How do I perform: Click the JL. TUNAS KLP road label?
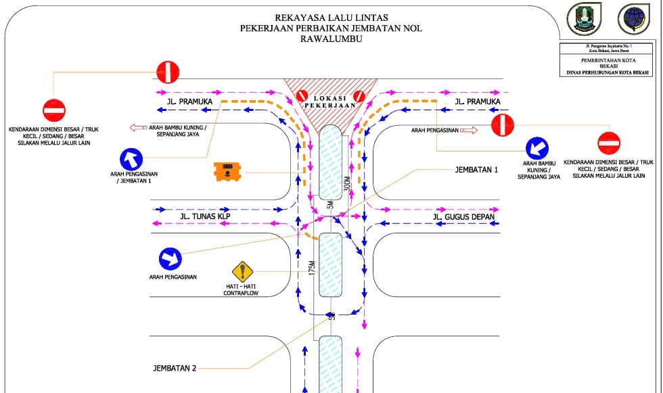[x=205, y=216]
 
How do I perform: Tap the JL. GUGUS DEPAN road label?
[x=463, y=217]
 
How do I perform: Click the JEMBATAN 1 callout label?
[x=476, y=170]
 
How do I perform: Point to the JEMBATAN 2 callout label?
[x=175, y=369]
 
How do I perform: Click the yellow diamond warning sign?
[x=242, y=272]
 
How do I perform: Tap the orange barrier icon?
[x=227, y=172]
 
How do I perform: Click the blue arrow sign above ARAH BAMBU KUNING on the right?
[x=538, y=148]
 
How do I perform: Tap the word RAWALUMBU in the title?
[x=331, y=39]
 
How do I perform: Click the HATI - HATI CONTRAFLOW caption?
[x=242, y=290]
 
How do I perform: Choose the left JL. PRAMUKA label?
[x=189, y=102]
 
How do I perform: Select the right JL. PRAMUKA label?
[x=478, y=102]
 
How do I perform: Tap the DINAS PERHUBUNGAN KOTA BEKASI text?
[x=608, y=72]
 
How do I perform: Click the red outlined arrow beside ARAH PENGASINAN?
[x=470, y=129]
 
